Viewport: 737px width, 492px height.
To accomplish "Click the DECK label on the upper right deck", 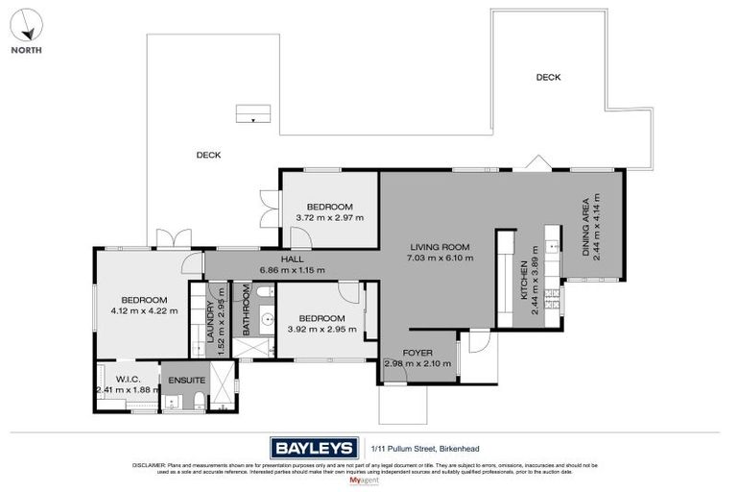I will [548, 78].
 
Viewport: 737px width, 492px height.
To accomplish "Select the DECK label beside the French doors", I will [208, 155].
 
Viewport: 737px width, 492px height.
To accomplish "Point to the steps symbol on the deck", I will [252, 116].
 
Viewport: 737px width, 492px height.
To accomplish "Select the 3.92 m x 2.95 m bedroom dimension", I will [321, 330].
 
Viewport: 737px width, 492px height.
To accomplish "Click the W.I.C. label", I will [129, 378].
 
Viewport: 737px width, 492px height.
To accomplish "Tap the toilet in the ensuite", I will [197, 400].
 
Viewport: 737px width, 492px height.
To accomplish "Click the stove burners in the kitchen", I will [552, 237].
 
